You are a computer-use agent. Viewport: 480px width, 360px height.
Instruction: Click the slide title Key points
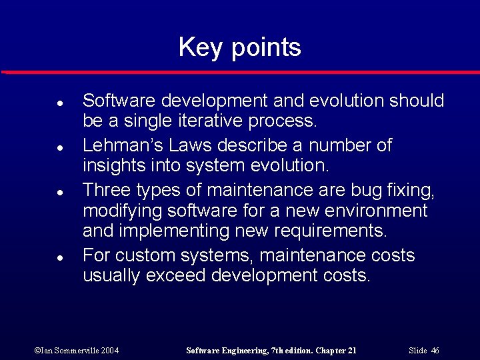[x=239, y=48]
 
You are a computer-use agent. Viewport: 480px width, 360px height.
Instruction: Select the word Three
[x=107, y=190]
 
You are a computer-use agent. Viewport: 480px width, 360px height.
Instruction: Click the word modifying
[x=121, y=212]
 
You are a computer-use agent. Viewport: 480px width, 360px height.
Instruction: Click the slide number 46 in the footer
[x=435, y=350]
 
